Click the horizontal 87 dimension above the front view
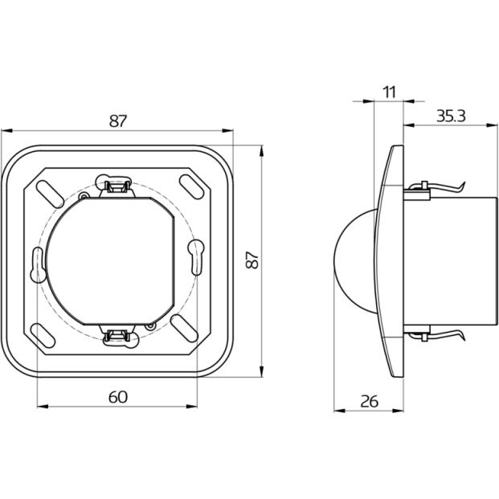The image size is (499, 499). [118, 121]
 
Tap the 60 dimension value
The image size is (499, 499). [118, 397]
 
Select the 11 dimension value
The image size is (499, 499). [389, 92]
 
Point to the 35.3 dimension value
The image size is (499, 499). [451, 116]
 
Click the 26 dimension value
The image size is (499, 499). [369, 401]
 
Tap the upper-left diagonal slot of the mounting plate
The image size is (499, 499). [49, 194]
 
